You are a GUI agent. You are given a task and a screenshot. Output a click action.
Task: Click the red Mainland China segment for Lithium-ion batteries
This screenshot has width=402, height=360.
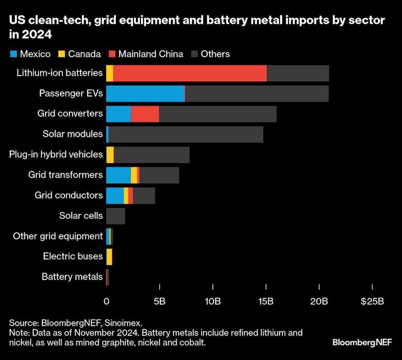[x=190, y=73]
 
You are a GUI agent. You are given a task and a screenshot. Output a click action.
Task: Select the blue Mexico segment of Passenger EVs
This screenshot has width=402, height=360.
[x=145, y=93]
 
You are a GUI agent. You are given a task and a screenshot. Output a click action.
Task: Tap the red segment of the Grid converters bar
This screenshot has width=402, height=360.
[x=145, y=114]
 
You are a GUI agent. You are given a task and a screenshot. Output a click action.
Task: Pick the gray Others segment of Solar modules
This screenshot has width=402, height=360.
[x=186, y=134]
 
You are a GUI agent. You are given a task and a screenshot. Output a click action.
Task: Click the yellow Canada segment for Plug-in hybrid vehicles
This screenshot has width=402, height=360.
[x=110, y=154]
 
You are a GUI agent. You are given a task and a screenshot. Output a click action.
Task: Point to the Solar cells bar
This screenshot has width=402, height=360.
[x=115, y=216]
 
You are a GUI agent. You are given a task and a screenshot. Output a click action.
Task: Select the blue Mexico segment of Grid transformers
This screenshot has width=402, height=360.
[x=118, y=175]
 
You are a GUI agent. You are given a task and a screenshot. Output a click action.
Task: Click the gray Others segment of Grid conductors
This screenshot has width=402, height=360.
[x=144, y=195]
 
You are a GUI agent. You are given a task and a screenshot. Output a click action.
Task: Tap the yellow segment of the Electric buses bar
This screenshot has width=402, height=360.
[x=109, y=257]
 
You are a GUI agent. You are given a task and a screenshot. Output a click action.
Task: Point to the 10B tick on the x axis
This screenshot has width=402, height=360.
[x=213, y=301]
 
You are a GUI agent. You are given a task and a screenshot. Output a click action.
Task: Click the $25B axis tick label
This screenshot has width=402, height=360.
[x=372, y=301]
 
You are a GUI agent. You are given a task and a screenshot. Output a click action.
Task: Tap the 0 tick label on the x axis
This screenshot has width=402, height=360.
[x=107, y=301]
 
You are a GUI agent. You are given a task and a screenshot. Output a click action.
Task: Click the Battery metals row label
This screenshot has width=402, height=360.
[x=72, y=277]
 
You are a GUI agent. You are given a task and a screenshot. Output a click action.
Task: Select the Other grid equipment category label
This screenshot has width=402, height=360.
[x=58, y=236]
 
